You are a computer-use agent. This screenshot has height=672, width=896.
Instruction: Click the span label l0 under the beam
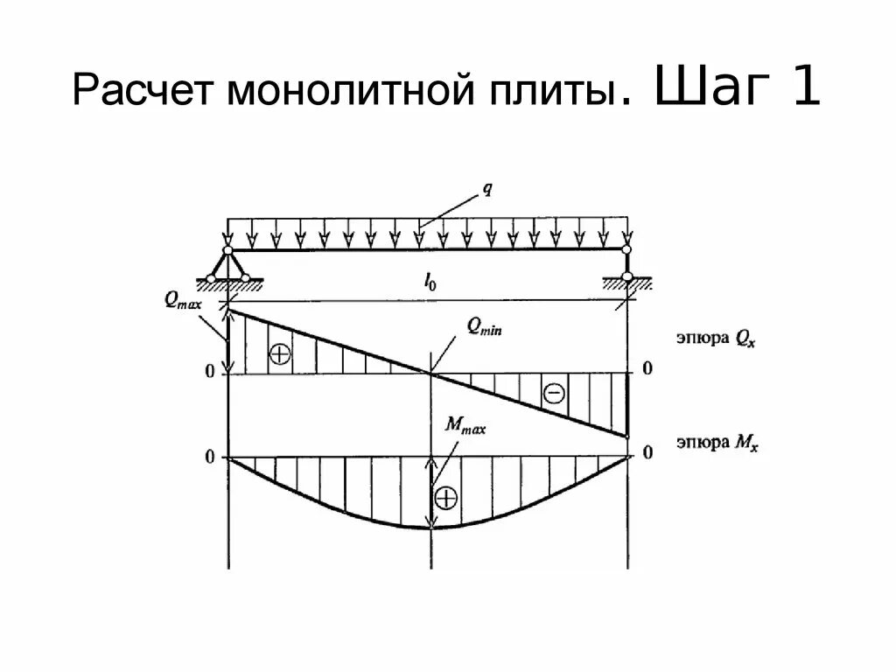pyautogui.click(x=430, y=280)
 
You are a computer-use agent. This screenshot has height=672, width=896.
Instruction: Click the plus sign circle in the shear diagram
pyautogui.click(x=279, y=353)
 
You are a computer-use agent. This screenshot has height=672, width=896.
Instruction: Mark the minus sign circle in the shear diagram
pyautogui.click(x=554, y=393)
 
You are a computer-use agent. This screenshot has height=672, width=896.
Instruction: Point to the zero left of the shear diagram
pyautogui.click(x=209, y=371)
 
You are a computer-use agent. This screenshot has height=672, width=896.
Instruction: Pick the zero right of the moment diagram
pyautogui.click(x=647, y=453)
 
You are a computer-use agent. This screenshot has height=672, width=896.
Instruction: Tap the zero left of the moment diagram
pyautogui.click(x=209, y=457)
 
